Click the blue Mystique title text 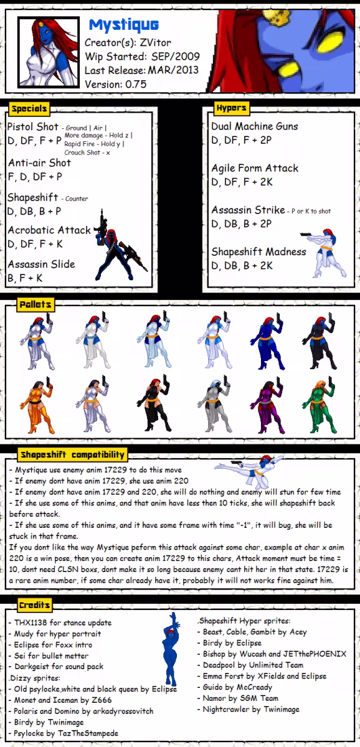pos(124,25)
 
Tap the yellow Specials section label pos(29,109)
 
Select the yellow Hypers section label pos(231,108)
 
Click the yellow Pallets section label pos(36,304)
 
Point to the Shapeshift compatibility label pos(72,454)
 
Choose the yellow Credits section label pos(35,605)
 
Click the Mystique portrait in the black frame pos(49,52)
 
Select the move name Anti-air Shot pos(39,162)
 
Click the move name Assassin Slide pos(41,264)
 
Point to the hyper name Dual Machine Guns pos(255,126)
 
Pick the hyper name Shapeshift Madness pos(258,251)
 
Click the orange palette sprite pos(37,405)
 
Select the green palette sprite pos(318,405)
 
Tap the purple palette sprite pos(267,405)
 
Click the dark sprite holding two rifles pos(118,246)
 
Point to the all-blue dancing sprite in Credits pos(171,649)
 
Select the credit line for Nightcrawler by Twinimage pos(251,709)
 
